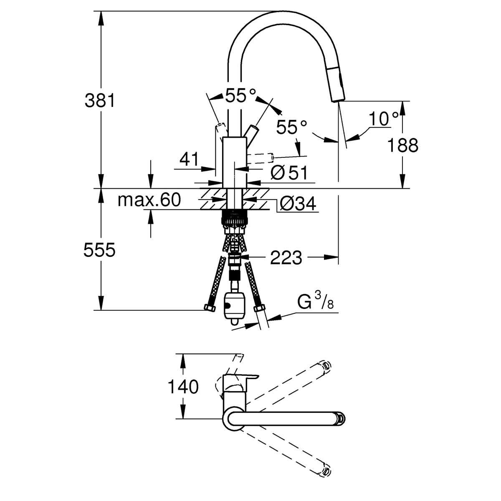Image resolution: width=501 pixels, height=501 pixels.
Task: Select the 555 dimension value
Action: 99,250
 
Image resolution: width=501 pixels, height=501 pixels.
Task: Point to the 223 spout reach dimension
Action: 286,258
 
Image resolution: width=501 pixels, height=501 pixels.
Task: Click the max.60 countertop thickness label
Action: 149,200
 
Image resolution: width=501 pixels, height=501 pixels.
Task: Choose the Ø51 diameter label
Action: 288,172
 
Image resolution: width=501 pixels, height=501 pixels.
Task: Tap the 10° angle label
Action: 383,119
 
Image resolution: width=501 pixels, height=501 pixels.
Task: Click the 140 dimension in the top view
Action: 183,387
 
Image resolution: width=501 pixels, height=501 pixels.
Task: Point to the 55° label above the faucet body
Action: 240,96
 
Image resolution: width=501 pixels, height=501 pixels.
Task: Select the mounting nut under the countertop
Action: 234,218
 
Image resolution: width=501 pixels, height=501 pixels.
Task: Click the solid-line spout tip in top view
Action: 340,418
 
